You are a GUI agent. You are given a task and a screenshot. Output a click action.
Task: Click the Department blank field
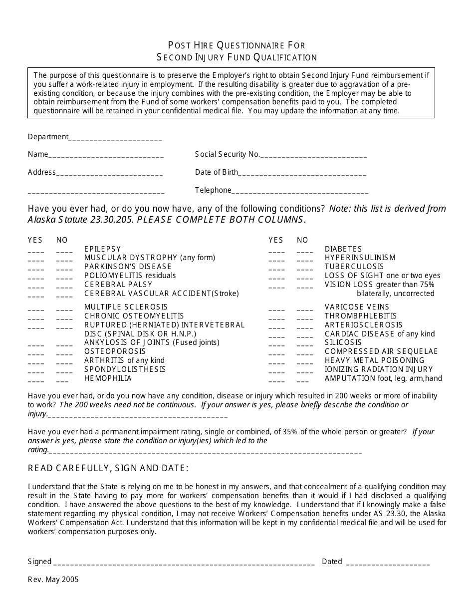click(115, 138)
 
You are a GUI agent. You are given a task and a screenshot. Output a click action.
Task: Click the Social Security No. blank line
click(314, 155)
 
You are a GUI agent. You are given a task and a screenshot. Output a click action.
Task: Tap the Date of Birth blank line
click(302, 173)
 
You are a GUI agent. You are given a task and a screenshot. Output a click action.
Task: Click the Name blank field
click(106, 155)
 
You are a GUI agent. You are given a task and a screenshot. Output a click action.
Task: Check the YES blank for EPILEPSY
click(36, 250)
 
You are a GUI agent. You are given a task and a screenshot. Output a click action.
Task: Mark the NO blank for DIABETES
click(305, 250)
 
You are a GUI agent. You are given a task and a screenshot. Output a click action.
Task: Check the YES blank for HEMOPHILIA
click(36, 380)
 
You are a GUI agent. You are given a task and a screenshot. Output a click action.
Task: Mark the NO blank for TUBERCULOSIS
click(305, 268)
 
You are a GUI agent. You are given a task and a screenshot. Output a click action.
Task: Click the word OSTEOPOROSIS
click(115, 351)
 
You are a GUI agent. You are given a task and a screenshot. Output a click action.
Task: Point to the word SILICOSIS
click(343, 342)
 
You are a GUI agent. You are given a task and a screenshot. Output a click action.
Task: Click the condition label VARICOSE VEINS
click(357, 307)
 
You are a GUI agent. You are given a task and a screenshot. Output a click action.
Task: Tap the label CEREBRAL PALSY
click(118, 285)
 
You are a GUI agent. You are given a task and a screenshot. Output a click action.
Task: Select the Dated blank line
click(388, 563)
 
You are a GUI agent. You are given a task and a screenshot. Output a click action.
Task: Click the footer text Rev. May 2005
click(53, 580)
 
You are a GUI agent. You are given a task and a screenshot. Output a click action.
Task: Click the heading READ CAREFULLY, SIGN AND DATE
click(108, 468)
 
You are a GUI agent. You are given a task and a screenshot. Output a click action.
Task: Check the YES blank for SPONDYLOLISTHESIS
click(36, 371)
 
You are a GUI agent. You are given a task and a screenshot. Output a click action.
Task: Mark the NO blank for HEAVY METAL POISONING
click(305, 362)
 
